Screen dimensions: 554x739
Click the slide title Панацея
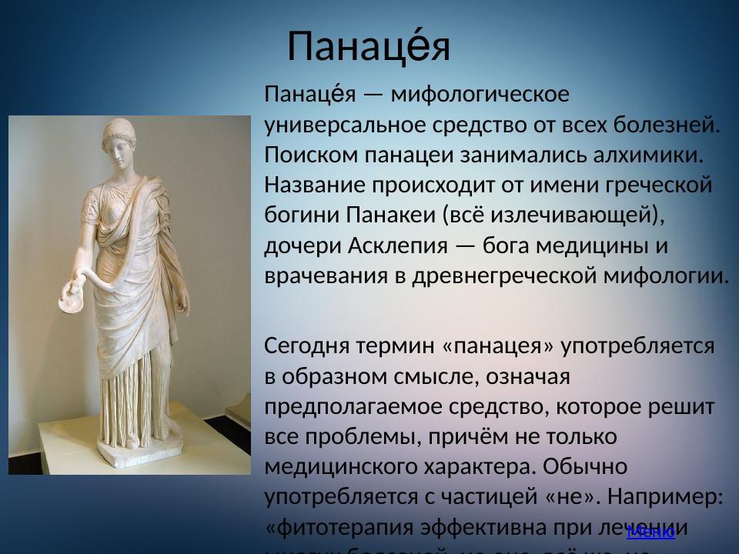pos(368,47)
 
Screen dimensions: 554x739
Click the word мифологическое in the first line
pos(480,95)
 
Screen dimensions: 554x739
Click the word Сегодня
pos(307,346)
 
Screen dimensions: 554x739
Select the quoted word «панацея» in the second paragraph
pos(499,346)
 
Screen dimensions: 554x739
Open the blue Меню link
pos(650,532)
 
